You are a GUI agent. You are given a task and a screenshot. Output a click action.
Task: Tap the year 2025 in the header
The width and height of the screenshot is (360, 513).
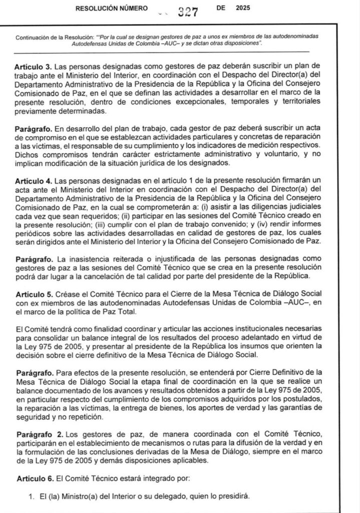point(243,9)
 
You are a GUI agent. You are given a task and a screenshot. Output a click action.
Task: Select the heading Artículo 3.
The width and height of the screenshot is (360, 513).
point(33,66)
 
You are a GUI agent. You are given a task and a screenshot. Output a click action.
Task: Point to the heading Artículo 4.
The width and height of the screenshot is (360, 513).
point(33,179)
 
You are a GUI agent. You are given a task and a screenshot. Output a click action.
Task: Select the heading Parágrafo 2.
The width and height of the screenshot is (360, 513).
point(37,433)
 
